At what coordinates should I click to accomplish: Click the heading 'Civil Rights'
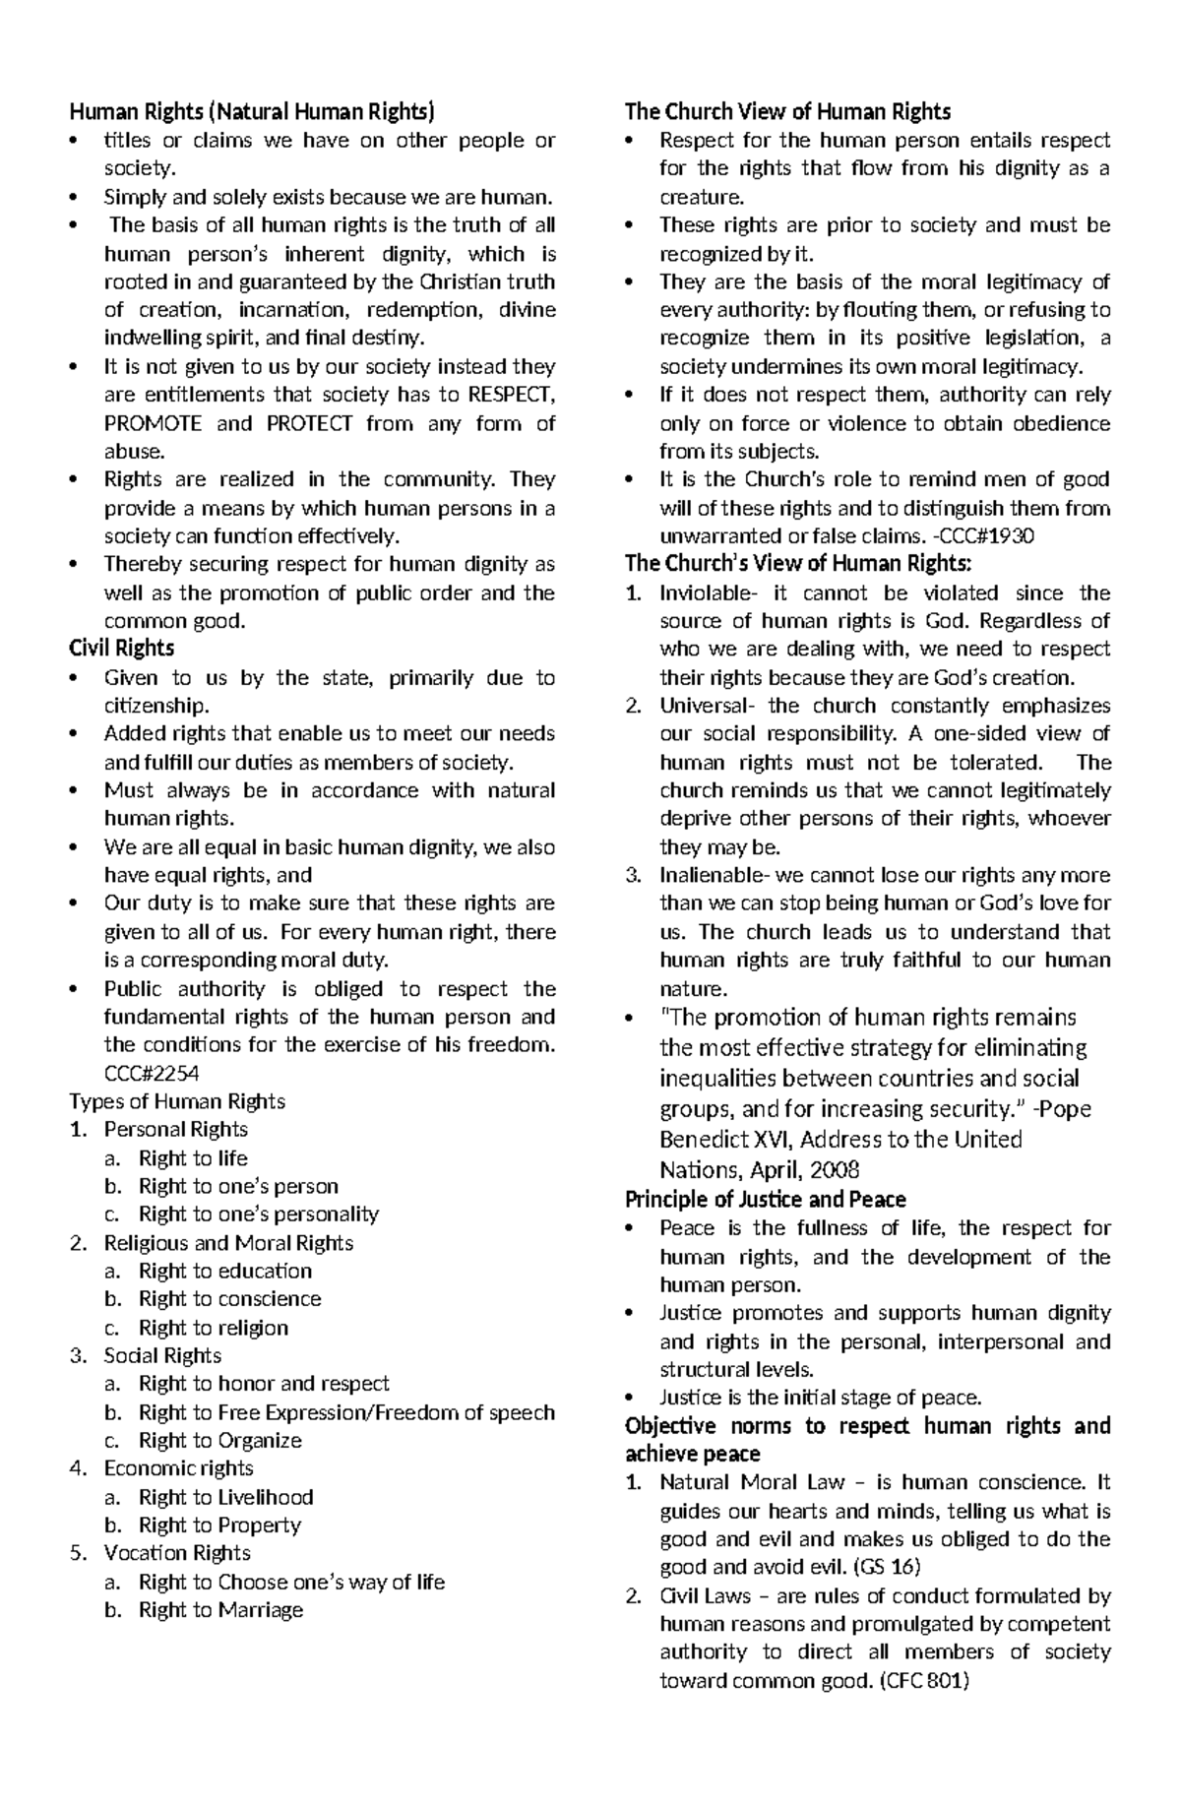[121, 649]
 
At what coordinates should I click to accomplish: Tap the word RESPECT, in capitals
[511, 396]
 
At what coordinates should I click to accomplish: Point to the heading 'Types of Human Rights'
[177, 1101]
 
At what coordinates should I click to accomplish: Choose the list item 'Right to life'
[193, 1158]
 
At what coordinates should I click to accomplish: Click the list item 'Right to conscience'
[229, 1299]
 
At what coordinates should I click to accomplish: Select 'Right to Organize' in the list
[219, 1441]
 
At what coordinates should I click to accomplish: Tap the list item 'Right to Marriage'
[220, 1610]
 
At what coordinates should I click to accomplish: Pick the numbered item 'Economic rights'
[178, 1468]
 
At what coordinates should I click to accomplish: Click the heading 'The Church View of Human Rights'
[787, 111]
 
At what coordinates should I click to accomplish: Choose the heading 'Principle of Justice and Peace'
[765, 1200]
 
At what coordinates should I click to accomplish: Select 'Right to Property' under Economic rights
[219, 1526]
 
